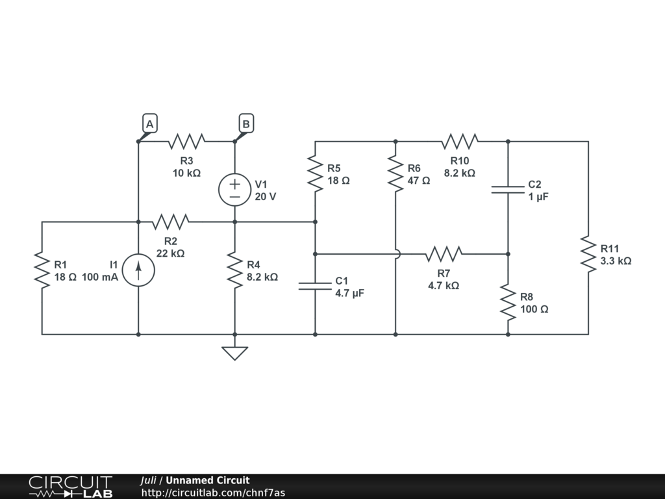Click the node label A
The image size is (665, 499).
[150, 123]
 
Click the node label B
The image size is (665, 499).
[246, 123]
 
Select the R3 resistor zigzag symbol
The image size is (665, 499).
[186, 141]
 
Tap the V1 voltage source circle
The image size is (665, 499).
[234, 190]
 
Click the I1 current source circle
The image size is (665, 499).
[138, 270]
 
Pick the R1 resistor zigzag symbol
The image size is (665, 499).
[42, 270]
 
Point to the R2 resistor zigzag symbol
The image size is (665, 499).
[171, 222]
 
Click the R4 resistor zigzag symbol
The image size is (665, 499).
[234, 270]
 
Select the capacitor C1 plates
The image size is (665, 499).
[315, 286]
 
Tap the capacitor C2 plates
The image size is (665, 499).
[508, 190]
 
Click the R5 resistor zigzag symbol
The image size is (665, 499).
[315, 173]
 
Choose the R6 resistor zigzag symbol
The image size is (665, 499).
[395, 173]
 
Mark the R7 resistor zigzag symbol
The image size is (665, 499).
[444, 254]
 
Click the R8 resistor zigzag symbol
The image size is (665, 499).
[508, 302]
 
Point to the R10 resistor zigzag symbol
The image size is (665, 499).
[460, 141]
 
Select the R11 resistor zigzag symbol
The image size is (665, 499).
[588, 254]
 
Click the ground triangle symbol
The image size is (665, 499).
[234, 353]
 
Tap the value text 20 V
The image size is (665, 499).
[266, 197]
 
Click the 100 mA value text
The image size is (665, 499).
[99, 277]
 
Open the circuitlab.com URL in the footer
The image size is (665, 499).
[213, 493]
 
